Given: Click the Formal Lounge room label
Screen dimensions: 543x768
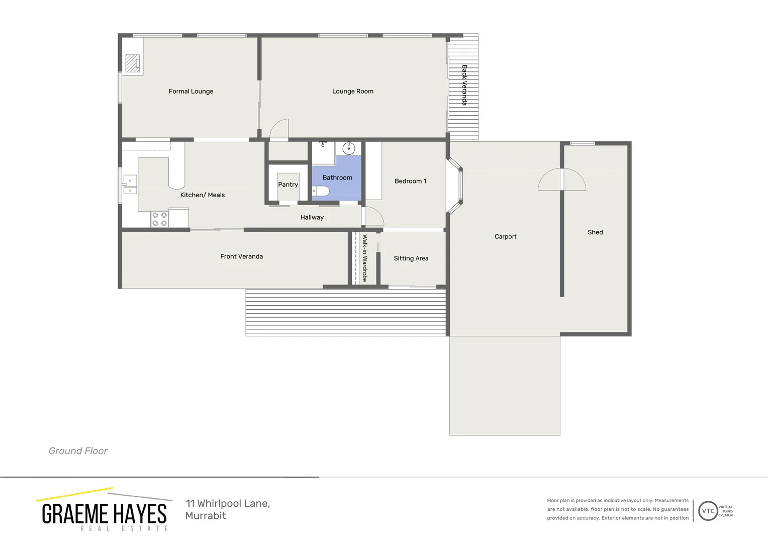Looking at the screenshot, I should pyautogui.click(x=191, y=92).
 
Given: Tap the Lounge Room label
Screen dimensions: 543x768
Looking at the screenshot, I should pyautogui.click(x=352, y=92).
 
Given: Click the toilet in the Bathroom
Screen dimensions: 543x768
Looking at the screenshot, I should pyautogui.click(x=321, y=191).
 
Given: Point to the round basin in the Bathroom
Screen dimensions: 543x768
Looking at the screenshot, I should pyautogui.click(x=348, y=148).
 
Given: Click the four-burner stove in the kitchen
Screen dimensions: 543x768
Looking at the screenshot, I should pyautogui.click(x=159, y=219).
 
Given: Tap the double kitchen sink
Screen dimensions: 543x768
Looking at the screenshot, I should pyautogui.click(x=130, y=185).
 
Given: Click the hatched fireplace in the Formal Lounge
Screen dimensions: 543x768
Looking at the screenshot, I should pyautogui.click(x=132, y=63).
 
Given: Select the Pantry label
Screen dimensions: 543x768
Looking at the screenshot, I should pyautogui.click(x=288, y=185).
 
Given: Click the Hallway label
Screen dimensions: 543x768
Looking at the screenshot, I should pyautogui.click(x=312, y=218).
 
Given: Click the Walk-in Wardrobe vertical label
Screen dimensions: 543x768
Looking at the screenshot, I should pyautogui.click(x=365, y=258).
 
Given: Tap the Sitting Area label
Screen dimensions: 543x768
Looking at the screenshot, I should pyautogui.click(x=411, y=258).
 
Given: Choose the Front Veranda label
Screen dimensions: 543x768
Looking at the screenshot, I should pyautogui.click(x=241, y=256).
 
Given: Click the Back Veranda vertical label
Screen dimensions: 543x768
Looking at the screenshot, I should pyautogui.click(x=464, y=85).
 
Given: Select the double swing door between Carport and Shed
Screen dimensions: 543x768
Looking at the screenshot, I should pyautogui.click(x=562, y=180).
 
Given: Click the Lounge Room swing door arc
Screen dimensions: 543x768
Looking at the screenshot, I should pyautogui.click(x=279, y=129).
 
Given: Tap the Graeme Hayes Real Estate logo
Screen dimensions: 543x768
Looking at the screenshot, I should pyautogui.click(x=104, y=510).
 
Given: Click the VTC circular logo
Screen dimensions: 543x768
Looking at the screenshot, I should pyautogui.click(x=708, y=511).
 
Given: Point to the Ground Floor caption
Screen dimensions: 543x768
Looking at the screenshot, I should pyautogui.click(x=78, y=451).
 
